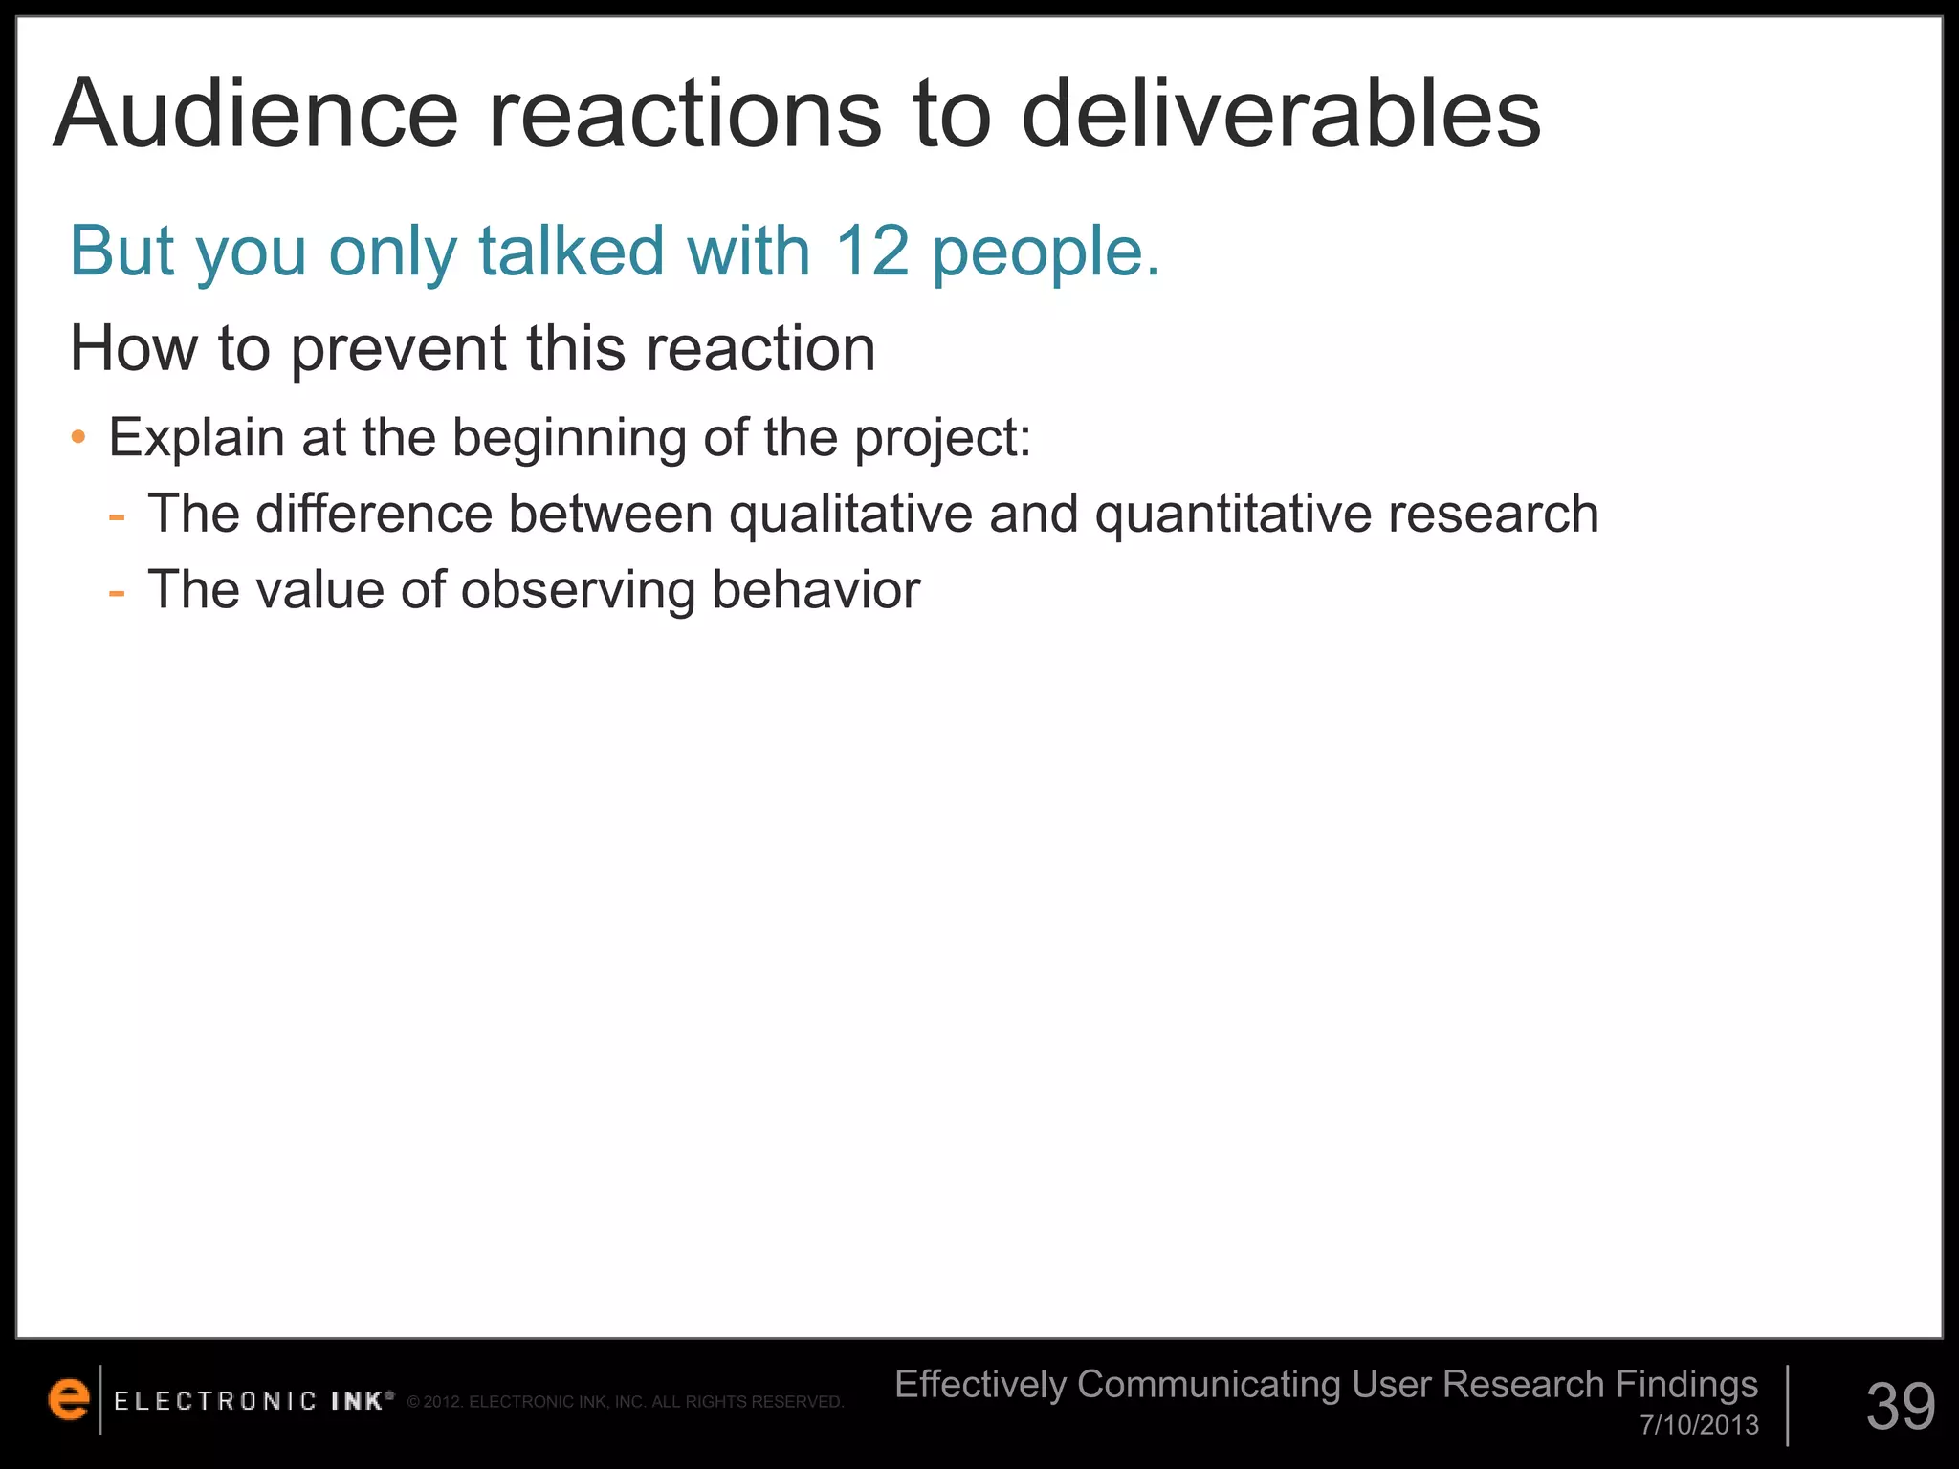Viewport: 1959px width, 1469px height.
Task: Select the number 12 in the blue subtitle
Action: [871, 251]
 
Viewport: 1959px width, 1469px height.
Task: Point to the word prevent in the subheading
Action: [398, 349]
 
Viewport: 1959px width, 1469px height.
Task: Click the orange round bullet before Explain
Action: [79, 439]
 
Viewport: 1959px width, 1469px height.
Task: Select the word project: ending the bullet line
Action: [943, 439]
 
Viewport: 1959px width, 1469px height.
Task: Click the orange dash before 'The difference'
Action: [117, 516]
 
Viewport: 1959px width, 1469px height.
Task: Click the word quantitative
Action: [1233, 515]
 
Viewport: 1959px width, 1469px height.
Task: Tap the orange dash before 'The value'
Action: [117, 592]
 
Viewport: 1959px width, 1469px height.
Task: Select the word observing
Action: [578, 590]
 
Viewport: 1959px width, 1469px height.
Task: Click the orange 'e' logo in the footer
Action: [69, 1400]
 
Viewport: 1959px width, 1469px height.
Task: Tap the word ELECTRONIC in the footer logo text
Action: [215, 1401]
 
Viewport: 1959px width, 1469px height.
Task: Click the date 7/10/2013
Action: [1699, 1425]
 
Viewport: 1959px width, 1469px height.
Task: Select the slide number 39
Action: [1901, 1406]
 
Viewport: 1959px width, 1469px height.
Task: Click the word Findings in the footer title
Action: [1686, 1385]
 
